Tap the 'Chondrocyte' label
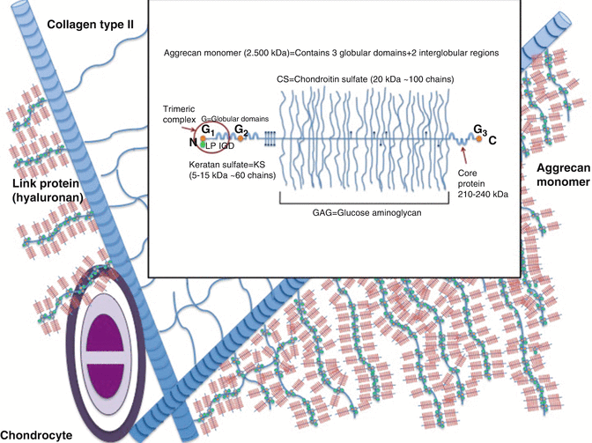[x=41, y=434]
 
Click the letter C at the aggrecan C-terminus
[x=492, y=139]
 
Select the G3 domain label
[x=479, y=131]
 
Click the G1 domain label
[x=207, y=129]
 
